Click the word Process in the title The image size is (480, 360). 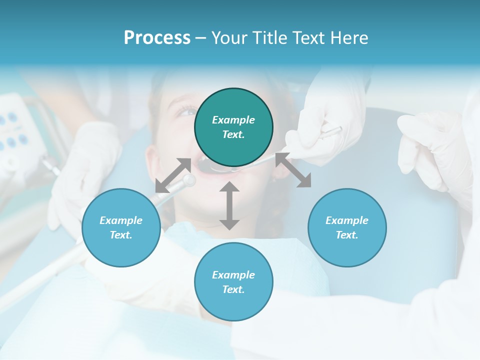pos(157,38)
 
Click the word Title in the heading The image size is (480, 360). pos(271,38)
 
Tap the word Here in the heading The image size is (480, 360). pos(349,38)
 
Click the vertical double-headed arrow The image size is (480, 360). pos(229,205)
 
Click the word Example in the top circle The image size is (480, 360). pos(233,120)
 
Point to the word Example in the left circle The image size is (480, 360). pos(121,220)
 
